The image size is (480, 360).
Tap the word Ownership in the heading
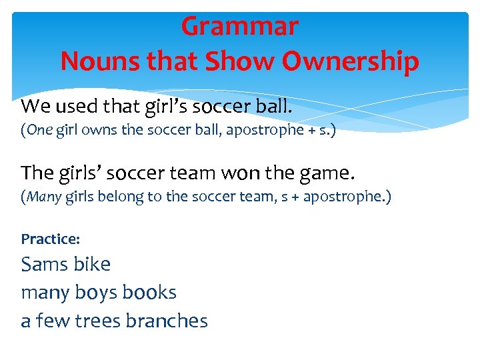click(x=350, y=62)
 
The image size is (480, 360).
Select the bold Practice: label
click(x=51, y=239)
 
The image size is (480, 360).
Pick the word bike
click(x=93, y=264)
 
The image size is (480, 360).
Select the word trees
click(x=97, y=321)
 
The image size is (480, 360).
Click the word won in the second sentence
click(x=237, y=173)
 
